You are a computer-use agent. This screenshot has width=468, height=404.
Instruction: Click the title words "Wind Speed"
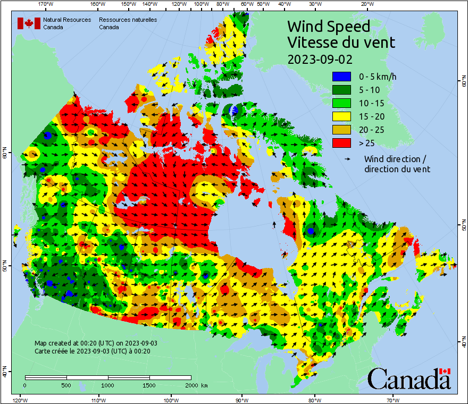pos(328,27)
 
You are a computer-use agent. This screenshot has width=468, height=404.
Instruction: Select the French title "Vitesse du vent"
pos(341,43)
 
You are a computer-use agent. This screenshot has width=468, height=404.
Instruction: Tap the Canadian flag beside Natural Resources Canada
pos(29,23)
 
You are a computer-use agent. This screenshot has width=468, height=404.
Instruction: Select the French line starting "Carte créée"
pos(93,351)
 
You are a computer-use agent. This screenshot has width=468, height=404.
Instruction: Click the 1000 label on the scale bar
pos(108,385)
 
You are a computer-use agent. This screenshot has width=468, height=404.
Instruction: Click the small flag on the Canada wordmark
pos(445,371)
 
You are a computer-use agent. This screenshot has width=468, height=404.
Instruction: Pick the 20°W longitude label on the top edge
pos(366,4)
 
